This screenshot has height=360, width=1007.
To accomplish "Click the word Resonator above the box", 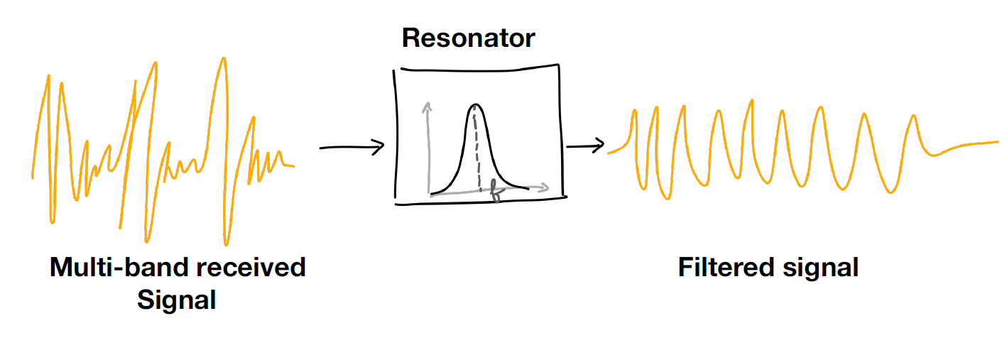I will click(x=468, y=38).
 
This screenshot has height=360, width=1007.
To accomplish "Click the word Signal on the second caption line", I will click(x=176, y=300).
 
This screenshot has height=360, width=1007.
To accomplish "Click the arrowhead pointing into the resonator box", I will click(x=381, y=146).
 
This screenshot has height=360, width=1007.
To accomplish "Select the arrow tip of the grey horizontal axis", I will click(x=545, y=188).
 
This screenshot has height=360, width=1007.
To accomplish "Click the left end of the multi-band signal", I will click(x=33, y=175).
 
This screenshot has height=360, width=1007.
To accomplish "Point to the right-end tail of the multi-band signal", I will click(x=290, y=165).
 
